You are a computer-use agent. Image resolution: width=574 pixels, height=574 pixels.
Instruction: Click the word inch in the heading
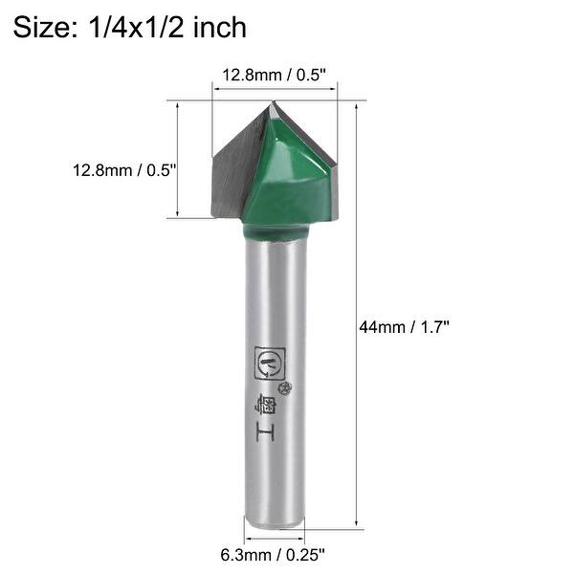(x=220, y=27)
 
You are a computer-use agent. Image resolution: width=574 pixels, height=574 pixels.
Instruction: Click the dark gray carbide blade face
(x=234, y=167)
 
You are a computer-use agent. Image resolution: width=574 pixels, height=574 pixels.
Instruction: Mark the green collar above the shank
(x=275, y=231)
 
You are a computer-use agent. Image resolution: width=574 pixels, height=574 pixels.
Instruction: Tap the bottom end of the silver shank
(x=275, y=521)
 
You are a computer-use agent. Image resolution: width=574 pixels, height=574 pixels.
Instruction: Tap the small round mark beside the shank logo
(x=284, y=386)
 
